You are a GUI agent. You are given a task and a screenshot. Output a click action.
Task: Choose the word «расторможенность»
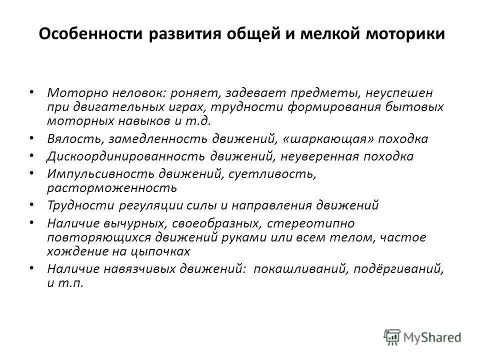112,187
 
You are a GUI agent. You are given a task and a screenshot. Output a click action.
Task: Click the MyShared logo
423,336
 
